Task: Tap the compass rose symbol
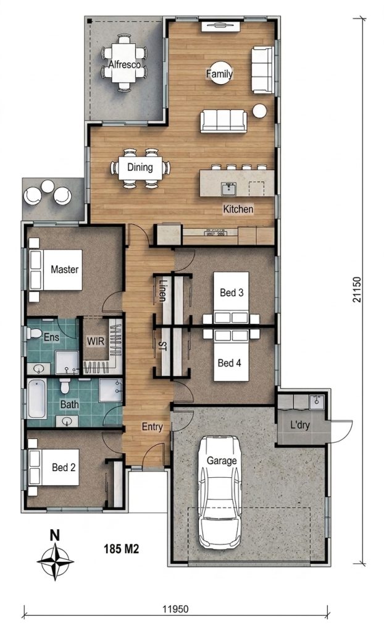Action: [x=55, y=560]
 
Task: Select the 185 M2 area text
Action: [x=122, y=549]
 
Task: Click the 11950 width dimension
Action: [x=175, y=608]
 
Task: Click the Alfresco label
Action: [x=125, y=64]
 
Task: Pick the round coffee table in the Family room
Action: [x=220, y=73]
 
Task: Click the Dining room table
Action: [x=140, y=168]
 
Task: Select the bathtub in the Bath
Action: [x=36, y=399]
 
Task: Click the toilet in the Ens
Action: [x=34, y=333]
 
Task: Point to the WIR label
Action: [x=96, y=341]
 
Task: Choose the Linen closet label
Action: [x=162, y=291]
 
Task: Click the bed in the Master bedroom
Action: [x=56, y=270]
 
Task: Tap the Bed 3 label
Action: [x=232, y=292]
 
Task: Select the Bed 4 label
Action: [x=230, y=363]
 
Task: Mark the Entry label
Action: [x=152, y=427]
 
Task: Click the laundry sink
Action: [x=317, y=402]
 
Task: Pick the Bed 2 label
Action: [x=64, y=467]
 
